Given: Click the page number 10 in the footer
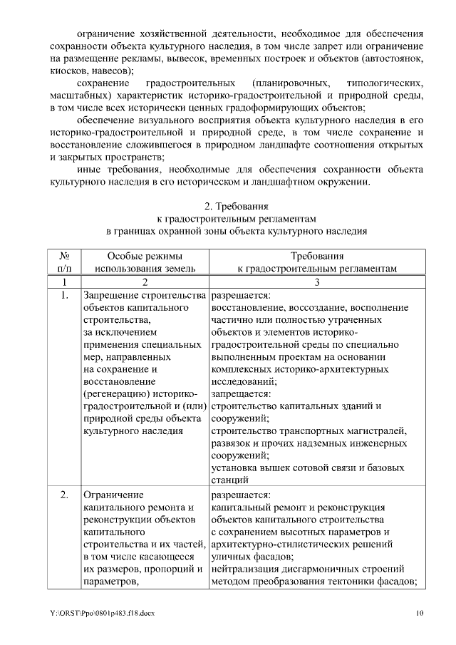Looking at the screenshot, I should [x=420, y=613].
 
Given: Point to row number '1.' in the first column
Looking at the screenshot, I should [x=64, y=295].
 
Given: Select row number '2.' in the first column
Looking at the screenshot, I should [x=64, y=494].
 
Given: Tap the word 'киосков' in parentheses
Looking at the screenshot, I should [x=68, y=72].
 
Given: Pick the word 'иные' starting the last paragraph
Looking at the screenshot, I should [x=88, y=170].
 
